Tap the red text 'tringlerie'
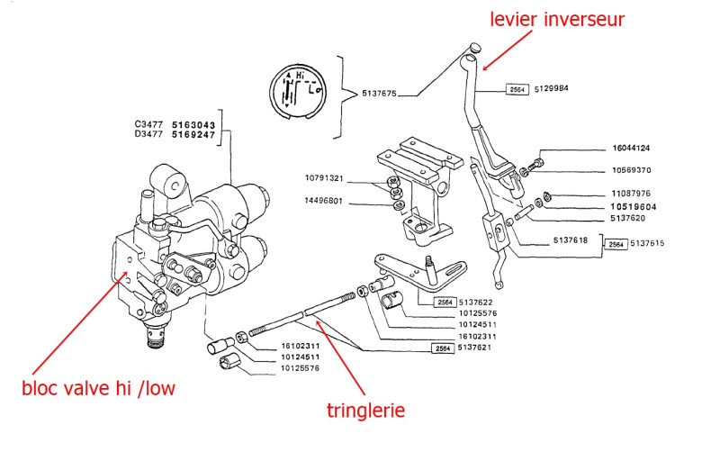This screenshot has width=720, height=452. click(x=365, y=411)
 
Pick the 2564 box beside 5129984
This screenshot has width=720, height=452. click(x=517, y=89)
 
